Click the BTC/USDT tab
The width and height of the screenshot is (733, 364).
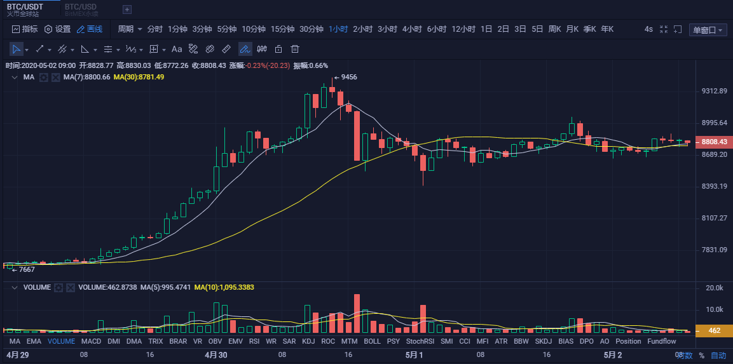tap(25, 7)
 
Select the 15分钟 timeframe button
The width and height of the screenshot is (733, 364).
tap(282, 29)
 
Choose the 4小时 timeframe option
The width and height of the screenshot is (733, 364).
tap(412, 29)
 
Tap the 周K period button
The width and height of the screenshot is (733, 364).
tap(554, 29)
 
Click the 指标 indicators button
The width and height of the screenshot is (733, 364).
tap(25, 29)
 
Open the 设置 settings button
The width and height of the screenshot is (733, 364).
tap(57, 29)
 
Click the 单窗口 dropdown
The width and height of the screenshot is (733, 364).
tap(707, 30)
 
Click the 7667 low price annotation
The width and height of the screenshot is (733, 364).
tap(26, 269)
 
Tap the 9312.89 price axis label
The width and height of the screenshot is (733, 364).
tap(714, 91)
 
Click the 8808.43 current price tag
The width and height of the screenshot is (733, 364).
tap(714, 142)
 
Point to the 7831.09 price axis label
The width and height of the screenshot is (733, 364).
tap(714, 250)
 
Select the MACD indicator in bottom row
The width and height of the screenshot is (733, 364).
tap(91, 341)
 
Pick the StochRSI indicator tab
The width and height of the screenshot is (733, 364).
tap(420, 341)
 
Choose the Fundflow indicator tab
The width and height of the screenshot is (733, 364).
tap(662, 341)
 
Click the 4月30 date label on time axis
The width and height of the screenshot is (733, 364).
tap(216, 355)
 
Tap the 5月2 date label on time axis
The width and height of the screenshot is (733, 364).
tap(612, 355)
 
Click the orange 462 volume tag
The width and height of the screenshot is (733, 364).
tap(714, 331)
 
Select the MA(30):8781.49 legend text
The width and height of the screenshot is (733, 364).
tap(139, 77)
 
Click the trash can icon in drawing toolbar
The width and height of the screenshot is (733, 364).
tap(295, 49)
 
